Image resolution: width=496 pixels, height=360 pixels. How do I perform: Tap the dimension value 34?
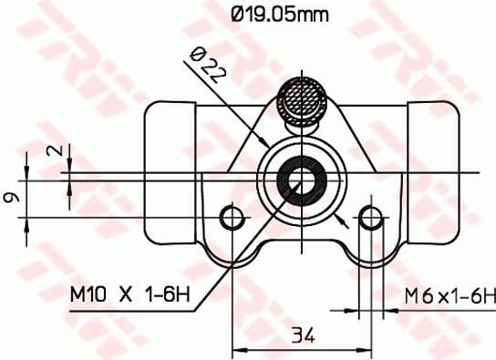click(x=303, y=337)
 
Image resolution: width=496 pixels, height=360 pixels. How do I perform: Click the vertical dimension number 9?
click(x=10, y=196)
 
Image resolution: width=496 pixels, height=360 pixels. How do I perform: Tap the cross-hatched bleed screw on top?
click(x=301, y=98)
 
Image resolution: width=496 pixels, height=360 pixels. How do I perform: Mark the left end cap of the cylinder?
click(x=168, y=173)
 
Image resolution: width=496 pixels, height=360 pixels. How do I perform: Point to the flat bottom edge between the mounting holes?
click(x=301, y=244)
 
